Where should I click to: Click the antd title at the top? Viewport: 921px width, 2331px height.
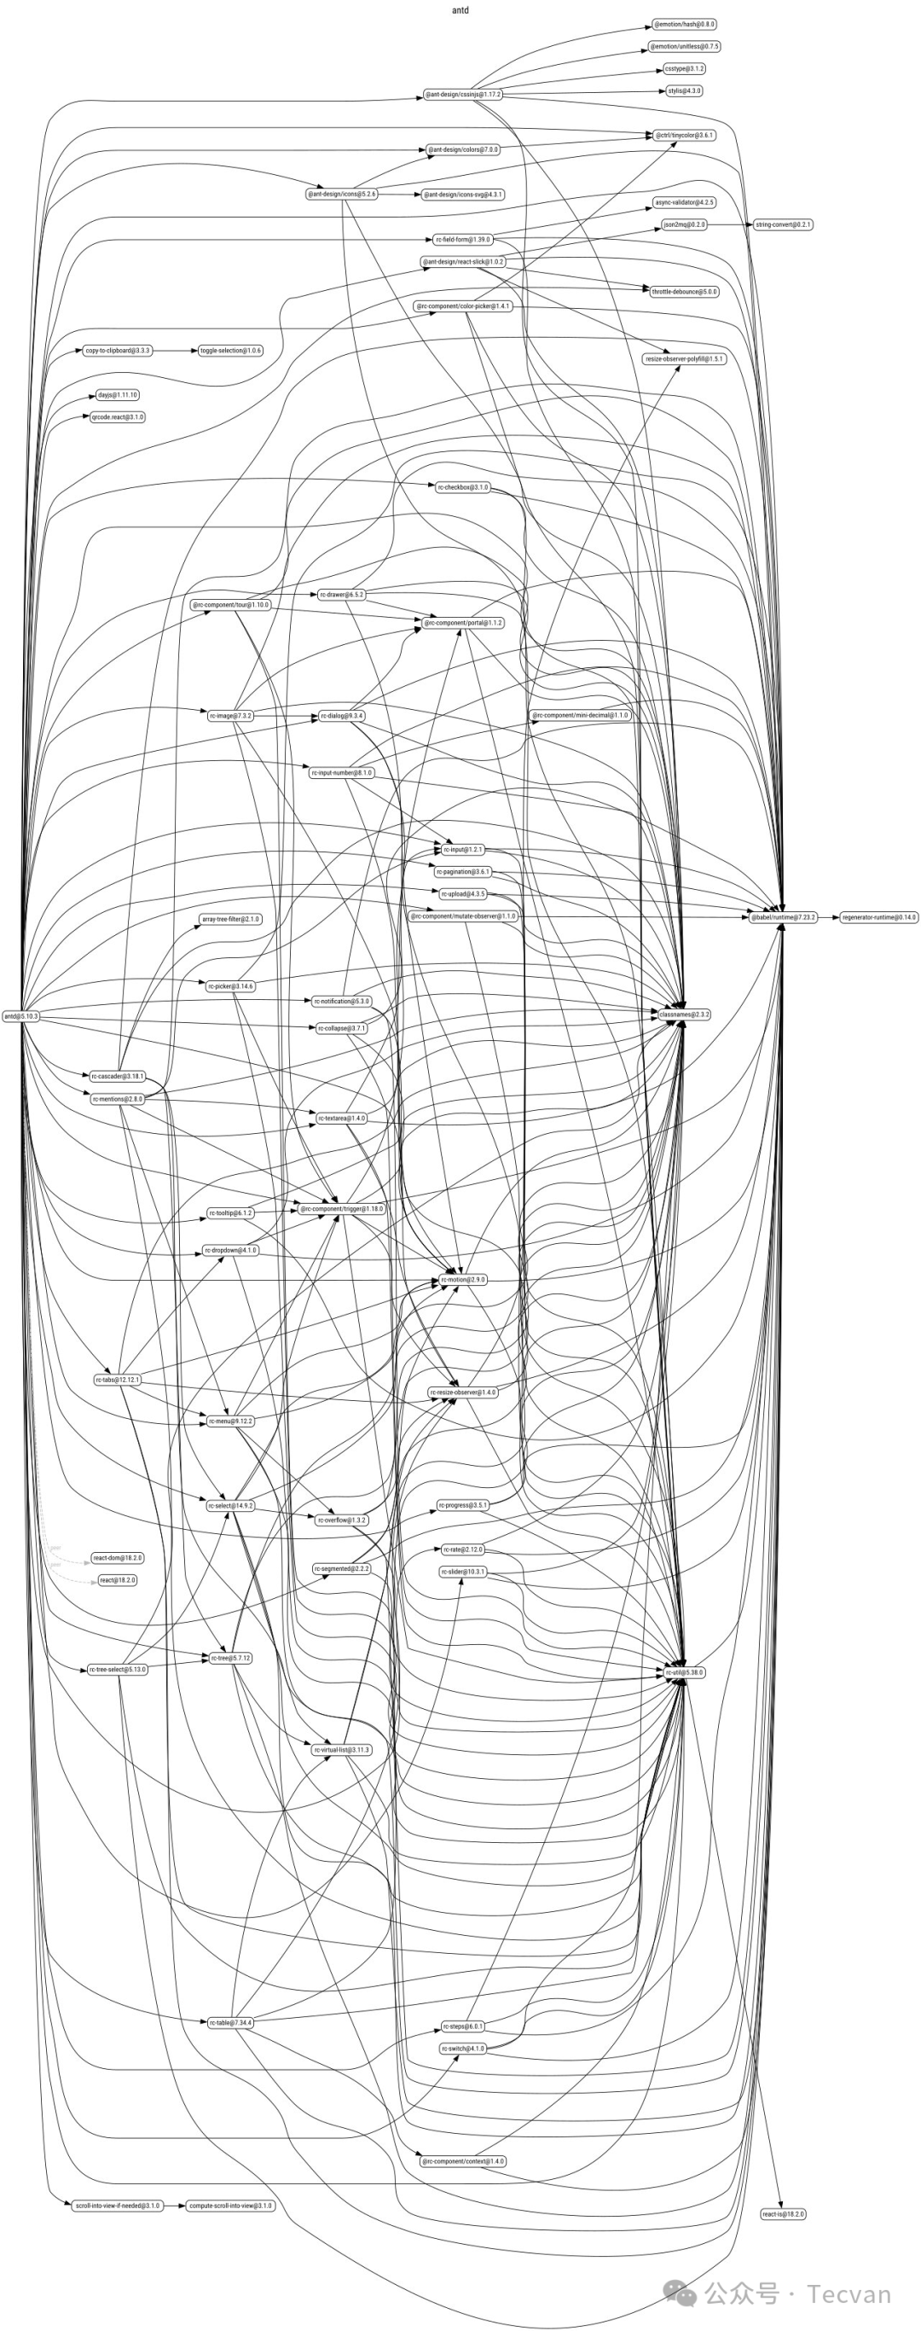click(x=460, y=10)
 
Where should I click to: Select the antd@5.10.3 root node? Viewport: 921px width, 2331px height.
click(x=20, y=1016)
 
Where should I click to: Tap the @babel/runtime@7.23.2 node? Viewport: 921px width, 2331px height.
click(x=783, y=917)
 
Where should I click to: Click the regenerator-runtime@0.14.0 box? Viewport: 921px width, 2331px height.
click(x=878, y=917)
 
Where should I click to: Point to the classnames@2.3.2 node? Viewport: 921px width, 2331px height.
click(x=684, y=1015)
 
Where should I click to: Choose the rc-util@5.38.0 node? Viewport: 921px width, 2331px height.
click(x=684, y=1673)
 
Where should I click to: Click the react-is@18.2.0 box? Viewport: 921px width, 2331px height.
click(x=783, y=2214)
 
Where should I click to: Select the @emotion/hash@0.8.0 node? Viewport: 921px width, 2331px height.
click(x=684, y=25)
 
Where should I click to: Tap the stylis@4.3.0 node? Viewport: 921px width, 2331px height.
click(x=684, y=91)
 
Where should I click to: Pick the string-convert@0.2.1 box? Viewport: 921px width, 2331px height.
click(x=783, y=224)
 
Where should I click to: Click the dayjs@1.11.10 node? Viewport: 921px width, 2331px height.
click(x=118, y=395)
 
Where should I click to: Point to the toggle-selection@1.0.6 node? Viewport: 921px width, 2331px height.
click(x=231, y=350)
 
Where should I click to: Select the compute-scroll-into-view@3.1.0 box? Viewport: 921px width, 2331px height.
click(x=229, y=2206)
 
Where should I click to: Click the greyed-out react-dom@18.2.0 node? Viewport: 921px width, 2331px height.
click(x=118, y=1558)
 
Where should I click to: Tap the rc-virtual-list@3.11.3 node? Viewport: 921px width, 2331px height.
click(x=342, y=1750)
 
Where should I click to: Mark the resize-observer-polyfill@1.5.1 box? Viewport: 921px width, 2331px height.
click(x=684, y=359)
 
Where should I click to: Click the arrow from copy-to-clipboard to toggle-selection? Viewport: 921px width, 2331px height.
click(x=176, y=350)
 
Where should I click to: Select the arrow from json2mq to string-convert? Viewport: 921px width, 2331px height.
click(x=729, y=224)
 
